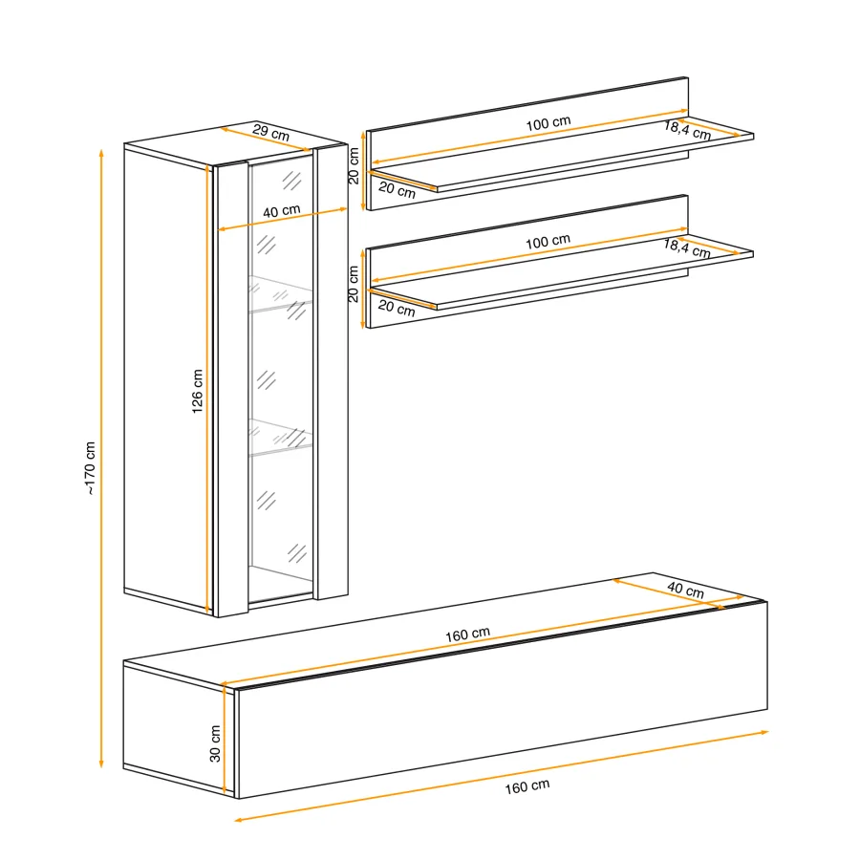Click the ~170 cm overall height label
tap(90, 468)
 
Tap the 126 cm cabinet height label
tap(197, 391)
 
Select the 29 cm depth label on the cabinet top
tap(271, 133)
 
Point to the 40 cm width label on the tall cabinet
tap(281, 211)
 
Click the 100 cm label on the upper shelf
tap(548, 123)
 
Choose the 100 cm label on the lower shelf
tap(548, 242)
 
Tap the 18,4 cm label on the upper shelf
tap(688, 131)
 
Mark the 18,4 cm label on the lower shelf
tap(687, 248)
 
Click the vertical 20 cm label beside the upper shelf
tap(354, 165)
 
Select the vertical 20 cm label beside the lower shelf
tap(354, 284)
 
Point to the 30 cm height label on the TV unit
tap(215, 743)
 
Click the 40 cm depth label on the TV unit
tap(685, 590)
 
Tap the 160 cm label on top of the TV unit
tap(467, 634)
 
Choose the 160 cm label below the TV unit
tap(527, 787)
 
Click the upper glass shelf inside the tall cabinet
tap(281, 294)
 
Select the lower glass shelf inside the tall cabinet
tap(281, 437)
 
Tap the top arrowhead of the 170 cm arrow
tap(101, 152)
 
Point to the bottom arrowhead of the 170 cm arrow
tap(101, 763)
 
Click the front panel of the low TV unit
tap(502, 699)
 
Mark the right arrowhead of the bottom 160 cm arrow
tap(764, 732)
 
